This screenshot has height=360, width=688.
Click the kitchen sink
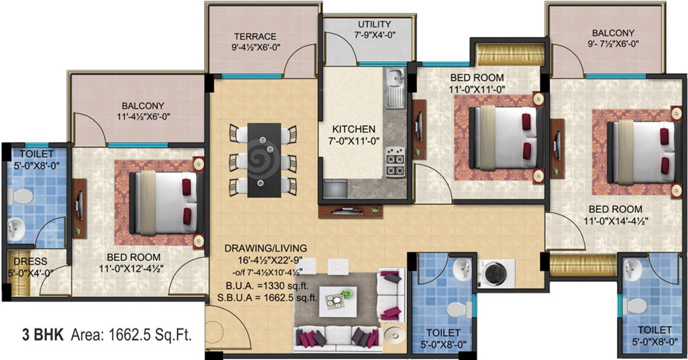click(395, 79)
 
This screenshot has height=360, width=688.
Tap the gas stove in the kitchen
click(395, 162)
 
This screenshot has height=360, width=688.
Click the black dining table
click(264, 159)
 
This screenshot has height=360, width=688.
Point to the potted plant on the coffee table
click(347, 294)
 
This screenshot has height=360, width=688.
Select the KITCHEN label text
click(353, 129)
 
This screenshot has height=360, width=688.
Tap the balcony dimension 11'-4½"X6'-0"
click(143, 116)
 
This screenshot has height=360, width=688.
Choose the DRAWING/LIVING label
click(266, 248)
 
